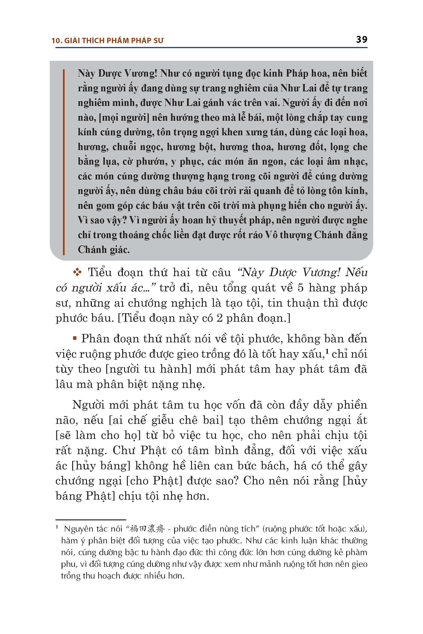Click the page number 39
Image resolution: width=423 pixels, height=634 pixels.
tap(361, 40)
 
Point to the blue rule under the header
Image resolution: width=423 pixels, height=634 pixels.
tap(211, 48)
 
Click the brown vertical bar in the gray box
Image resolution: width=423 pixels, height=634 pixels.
tap(64, 162)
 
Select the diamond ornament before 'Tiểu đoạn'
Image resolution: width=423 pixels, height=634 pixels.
tap(77, 272)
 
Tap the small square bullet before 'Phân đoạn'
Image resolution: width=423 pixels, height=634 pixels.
tap(75, 338)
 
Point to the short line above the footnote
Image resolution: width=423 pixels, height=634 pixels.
tap(91, 519)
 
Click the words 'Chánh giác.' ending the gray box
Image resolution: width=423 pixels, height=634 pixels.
tap(104, 250)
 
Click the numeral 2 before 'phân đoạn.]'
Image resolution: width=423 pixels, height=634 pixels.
tap(219, 318)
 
